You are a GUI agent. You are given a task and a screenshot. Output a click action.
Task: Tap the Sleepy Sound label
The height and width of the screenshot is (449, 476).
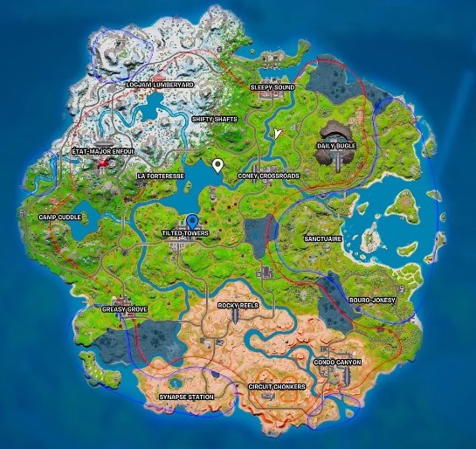(x=272, y=88)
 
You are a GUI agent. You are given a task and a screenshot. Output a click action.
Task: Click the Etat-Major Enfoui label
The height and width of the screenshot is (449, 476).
(x=102, y=151)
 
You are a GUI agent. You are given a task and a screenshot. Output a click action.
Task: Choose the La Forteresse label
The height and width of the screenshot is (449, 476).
(x=161, y=176)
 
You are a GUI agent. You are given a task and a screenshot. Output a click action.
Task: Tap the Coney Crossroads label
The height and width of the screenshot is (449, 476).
(x=268, y=176)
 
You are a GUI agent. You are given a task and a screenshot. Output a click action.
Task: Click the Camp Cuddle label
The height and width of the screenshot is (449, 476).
(x=59, y=217)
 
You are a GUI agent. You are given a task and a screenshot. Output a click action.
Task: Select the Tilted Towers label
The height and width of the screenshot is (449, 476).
(x=186, y=234)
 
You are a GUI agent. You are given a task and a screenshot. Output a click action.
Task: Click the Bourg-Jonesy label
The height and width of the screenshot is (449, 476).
(x=372, y=300)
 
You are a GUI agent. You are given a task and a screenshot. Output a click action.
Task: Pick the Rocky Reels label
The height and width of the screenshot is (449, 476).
(x=239, y=306)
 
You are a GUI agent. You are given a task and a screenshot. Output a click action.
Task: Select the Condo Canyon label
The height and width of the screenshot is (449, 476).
(x=337, y=361)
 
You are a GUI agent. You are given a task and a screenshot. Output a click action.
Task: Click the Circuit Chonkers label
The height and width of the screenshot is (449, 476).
(x=276, y=385)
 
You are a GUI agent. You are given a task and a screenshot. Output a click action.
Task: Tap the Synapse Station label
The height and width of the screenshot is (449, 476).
(x=186, y=397)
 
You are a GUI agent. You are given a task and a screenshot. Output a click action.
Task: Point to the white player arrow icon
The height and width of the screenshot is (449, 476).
(x=277, y=134)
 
